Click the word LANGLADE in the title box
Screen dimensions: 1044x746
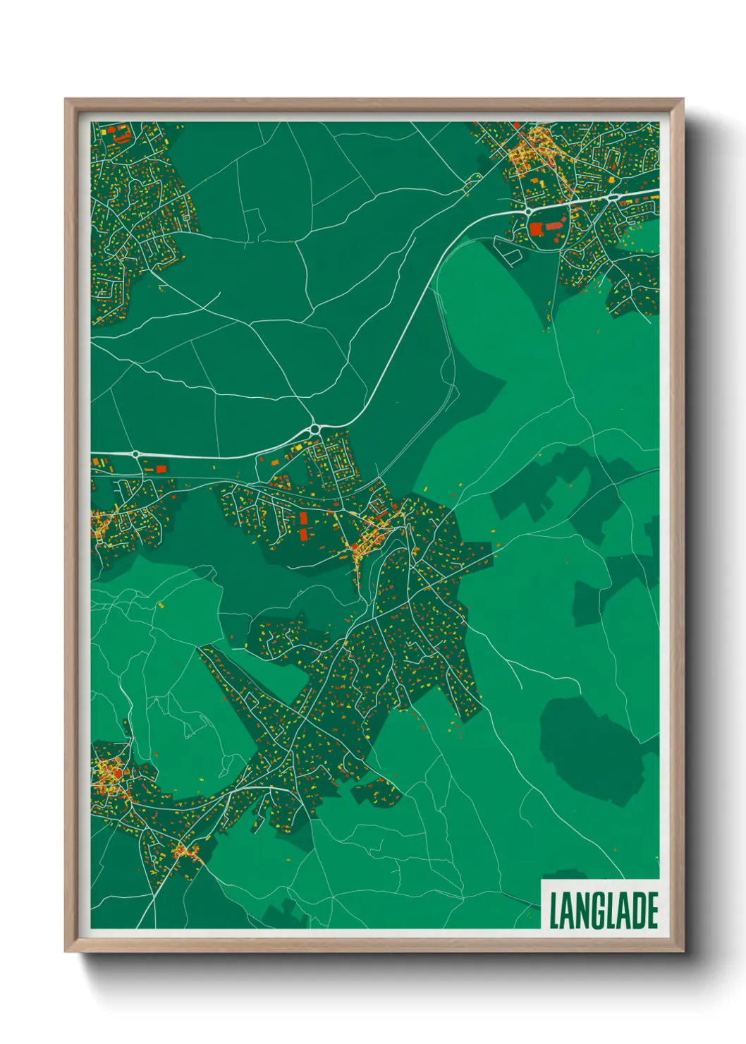pos(603,910)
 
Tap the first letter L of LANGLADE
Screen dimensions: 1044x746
pos(554,910)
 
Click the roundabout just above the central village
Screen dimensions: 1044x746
pos(314,428)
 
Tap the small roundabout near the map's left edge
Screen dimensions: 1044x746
pos(135,454)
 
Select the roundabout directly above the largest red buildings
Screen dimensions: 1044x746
pos(527,211)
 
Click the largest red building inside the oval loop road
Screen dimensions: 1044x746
pos(536,229)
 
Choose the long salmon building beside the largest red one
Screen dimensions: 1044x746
pos(555,226)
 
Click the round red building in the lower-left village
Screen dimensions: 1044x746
pos(109,779)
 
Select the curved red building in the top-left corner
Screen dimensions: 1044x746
pos(123,131)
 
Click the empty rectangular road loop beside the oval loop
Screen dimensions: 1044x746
pos(510,252)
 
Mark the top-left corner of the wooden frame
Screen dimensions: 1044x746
pos(66,99)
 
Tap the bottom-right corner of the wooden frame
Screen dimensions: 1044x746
pos(683,952)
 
